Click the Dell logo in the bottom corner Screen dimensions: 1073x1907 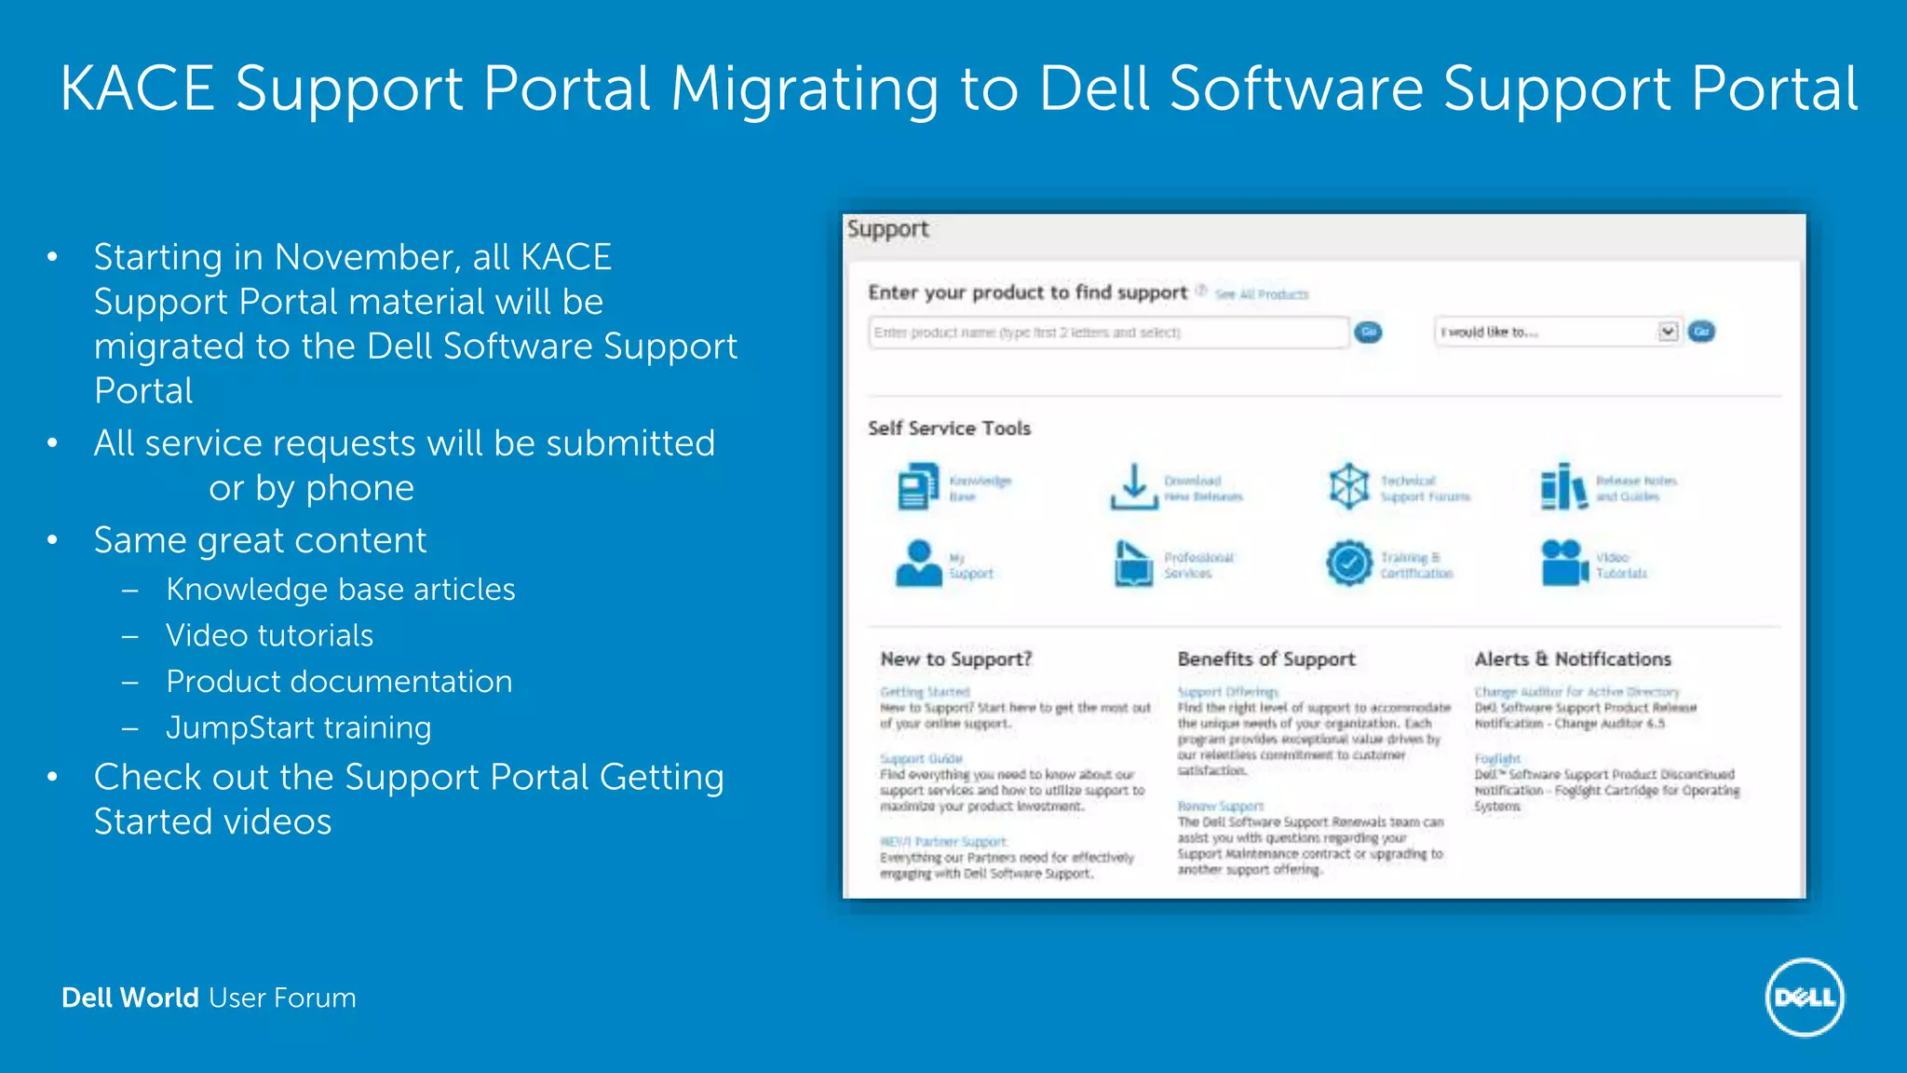[1805, 998]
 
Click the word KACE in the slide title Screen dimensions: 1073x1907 [137, 89]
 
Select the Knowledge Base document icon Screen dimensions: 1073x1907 [918, 486]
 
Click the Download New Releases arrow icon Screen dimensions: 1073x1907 [1133, 486]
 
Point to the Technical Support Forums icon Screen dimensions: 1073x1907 [1348, 486]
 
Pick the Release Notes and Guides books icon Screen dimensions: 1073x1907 [1563, 486]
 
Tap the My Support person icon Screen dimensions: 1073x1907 [918, 563]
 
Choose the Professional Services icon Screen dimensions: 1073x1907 [1133, 563]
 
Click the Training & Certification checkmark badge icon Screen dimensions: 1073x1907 [1349, 563]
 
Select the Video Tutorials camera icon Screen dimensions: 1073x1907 [1563, 563]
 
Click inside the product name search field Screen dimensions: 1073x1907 [1108, 333]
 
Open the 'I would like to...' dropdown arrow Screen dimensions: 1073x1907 [1668, 332]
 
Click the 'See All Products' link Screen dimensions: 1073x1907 [1262, 294]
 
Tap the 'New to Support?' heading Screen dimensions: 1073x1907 [956, 659]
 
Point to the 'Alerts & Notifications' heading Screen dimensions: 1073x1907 [1573, 659]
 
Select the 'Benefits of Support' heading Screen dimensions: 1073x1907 [1266, 659]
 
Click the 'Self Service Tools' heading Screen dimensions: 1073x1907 [949, 428]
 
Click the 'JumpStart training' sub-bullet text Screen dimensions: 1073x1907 [298, 727]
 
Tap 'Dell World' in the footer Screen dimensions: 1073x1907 [130, 998]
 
